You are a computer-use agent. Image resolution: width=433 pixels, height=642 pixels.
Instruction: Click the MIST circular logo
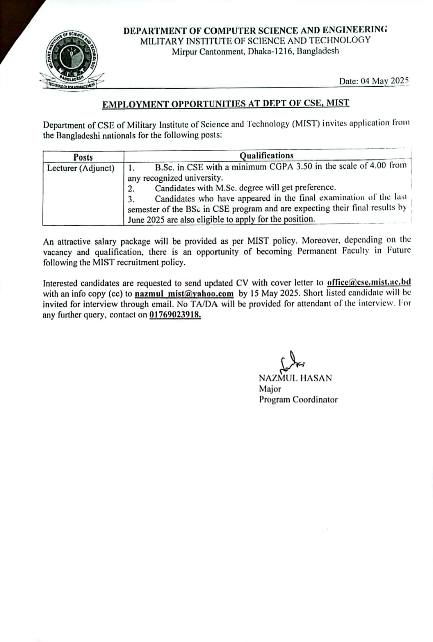click(x=71, y=59)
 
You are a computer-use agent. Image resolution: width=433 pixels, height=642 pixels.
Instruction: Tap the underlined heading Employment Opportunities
click(x=226, y=104)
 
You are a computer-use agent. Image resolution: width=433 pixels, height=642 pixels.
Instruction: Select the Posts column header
click(x=83, y=157)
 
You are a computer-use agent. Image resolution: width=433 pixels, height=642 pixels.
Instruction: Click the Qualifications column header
click(x=266, y=156)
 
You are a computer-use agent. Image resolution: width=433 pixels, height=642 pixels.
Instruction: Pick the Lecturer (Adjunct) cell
click(x=80, y=168)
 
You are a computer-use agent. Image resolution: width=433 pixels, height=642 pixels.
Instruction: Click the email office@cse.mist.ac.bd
click(x=369, y=282)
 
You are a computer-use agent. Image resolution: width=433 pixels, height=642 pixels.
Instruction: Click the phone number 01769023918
click(x=175, y=315)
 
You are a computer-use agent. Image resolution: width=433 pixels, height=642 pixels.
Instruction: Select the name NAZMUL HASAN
click(x=295, y=378)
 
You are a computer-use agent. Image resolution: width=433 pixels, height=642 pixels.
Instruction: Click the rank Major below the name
click(x=270, y=389)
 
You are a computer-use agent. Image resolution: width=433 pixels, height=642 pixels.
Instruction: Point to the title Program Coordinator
click(x=298, y=400)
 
